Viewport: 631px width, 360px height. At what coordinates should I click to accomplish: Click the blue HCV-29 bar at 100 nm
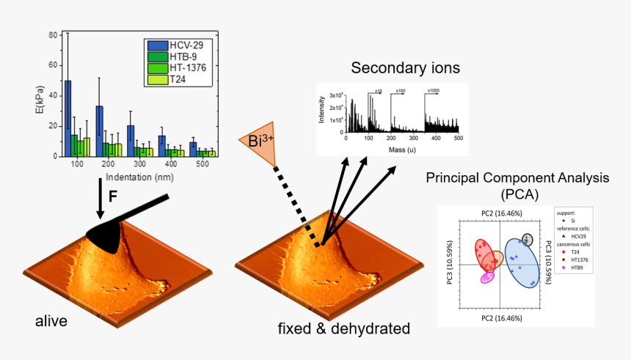click(x=68, y=118)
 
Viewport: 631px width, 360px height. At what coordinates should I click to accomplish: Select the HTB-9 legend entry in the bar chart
click(x=177, y=56)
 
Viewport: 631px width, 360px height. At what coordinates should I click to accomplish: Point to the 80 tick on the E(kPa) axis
click(x=52, y=34)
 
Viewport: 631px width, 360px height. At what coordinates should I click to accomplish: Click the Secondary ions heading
click(x=405, y=68)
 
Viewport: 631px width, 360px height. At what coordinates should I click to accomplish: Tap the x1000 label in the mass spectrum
click(x=434, y=90)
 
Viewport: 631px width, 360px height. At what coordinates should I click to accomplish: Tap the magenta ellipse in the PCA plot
click(x=486, y=277)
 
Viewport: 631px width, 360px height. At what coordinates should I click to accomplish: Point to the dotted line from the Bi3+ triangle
click(x=297, y=205)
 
